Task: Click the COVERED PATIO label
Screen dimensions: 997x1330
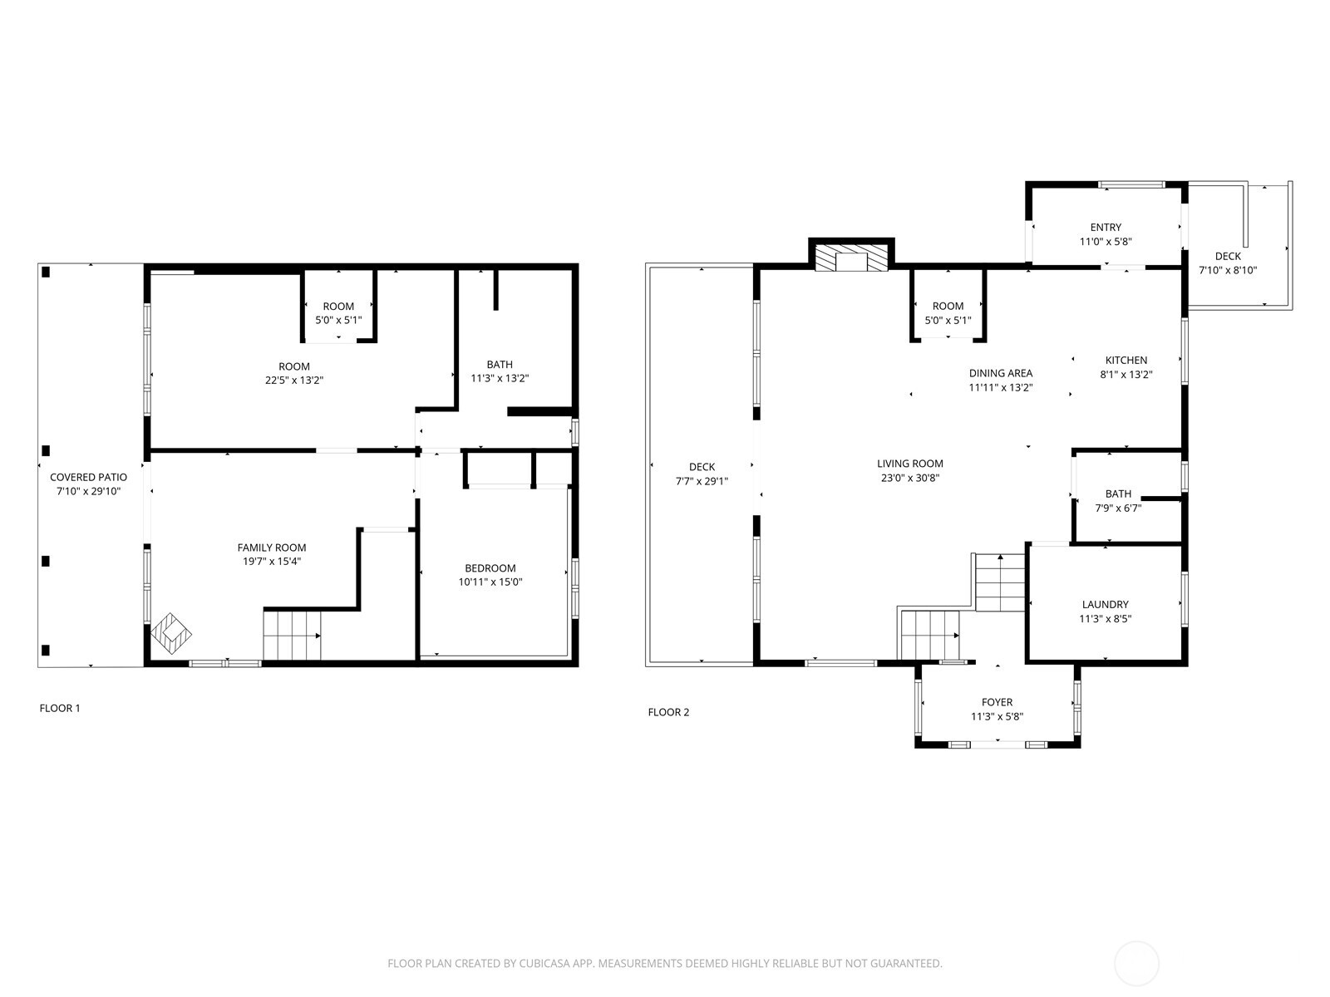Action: [x=88, y=477]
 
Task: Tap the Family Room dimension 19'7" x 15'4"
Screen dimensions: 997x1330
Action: [x=271, y=562]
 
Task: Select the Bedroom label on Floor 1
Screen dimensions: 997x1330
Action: [x=490, y=568]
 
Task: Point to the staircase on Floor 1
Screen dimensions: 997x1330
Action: [x=291, y=635]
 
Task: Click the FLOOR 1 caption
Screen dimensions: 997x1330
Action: [x=60, y=709]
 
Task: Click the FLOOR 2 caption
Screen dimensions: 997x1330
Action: [x=668, y=712]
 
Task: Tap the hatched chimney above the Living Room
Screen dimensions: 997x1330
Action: [x=851, y=257]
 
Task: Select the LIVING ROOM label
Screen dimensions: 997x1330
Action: [x=909, y=464]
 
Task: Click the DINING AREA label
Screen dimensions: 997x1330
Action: [x=1000, y=373]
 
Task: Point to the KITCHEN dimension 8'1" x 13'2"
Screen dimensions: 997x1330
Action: [x=1126, y=375]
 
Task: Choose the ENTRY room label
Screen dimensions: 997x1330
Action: [x=1106, y=228]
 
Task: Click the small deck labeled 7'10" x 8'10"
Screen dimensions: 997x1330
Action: [x=1227, y=263]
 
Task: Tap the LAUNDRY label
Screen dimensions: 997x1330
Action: [x=1105, y=605]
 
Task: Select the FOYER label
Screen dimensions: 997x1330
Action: [x=997, y=702]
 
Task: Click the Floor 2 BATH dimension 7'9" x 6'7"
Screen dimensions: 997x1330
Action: [x=1117, y=508]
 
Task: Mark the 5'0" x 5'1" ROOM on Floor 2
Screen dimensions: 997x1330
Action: [x=948, y=313]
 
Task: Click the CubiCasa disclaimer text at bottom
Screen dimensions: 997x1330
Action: [x=664, y=964]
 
